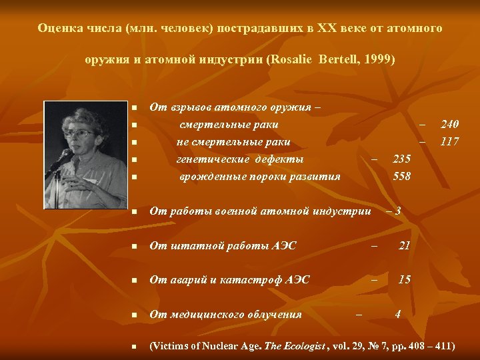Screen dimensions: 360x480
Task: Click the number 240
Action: pyautogui.click(x=450, y=124)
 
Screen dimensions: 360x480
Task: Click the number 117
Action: pyautogui.click(x=450, y=141)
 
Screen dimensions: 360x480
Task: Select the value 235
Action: pyautogui.click(x=402, y=159)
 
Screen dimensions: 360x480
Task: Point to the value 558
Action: pyautogui.click(x=402, y=177)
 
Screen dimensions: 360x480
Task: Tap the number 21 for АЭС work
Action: pyautogui.click(x=404, y=246)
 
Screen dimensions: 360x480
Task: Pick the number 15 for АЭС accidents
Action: pyautogui.click(x=404, y=279)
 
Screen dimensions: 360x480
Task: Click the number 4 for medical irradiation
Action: pyautogui.click(x=398, y=314)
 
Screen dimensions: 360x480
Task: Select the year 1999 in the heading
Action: pyautogui.click(x=378, y=59)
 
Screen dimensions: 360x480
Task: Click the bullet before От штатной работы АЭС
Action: pyautogui.click(x=134, y=247)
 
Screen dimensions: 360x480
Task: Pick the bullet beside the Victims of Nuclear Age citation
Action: pyautogui.click(x=134, y=347)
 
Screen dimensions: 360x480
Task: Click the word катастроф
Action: pyautogui.click(x=247, y=279)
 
